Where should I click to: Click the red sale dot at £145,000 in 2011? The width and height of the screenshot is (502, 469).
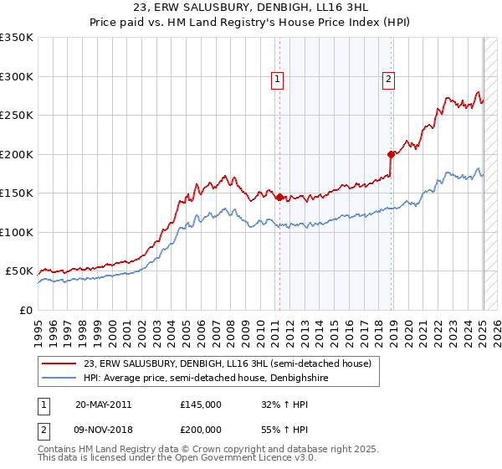click(x=279, y=197)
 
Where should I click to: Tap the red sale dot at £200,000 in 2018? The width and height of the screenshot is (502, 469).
click(x=391, y=154)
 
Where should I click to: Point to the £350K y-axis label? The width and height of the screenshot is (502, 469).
click(x=17, y=38)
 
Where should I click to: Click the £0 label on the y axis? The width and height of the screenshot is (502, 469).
click(x=27, y=310)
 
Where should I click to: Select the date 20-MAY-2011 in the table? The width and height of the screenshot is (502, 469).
click(x=103, y=405)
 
